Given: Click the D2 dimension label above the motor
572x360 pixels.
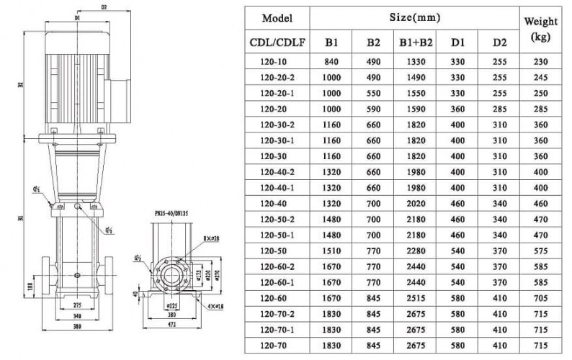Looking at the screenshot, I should (104, 8).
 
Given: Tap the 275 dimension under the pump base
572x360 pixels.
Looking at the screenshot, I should (78, 306).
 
